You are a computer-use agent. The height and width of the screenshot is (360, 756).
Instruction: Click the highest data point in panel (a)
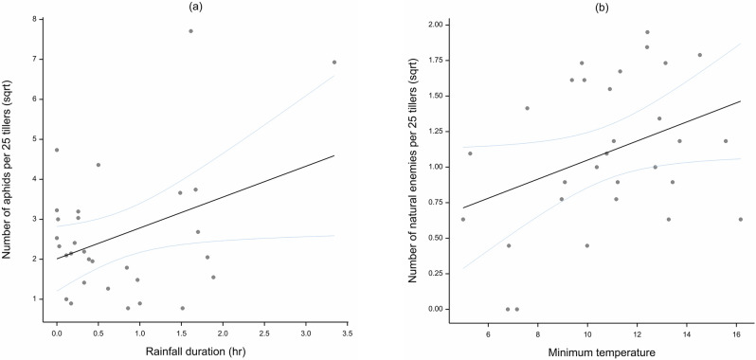190,31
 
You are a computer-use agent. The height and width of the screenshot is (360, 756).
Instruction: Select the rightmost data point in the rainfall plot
334,63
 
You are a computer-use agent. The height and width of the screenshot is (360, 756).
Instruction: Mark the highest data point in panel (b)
647,32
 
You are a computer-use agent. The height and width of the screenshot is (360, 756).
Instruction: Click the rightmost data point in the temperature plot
740,219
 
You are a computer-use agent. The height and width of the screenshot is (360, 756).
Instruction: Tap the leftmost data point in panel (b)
462,219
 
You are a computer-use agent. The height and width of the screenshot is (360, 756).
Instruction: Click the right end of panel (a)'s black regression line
334,155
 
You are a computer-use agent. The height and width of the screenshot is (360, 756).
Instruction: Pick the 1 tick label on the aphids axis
36,298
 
